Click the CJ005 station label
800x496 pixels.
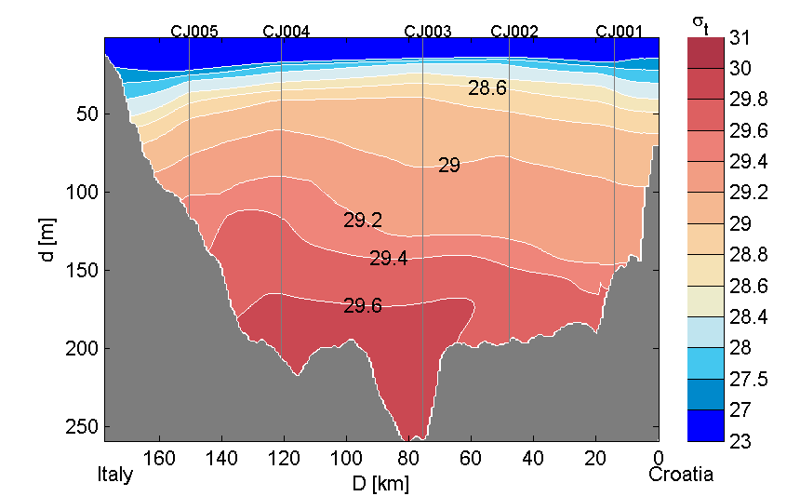[x=194, y=31]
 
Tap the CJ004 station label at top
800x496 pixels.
[x=287, y=31]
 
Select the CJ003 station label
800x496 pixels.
[x=428, y=31]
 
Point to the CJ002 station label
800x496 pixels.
[x=514, y=31]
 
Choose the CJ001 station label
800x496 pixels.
[x=620, y=31]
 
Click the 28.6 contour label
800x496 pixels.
[x=487, y=88]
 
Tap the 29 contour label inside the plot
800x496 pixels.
[x=449, y=167]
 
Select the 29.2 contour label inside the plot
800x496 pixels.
[x=363, y=221]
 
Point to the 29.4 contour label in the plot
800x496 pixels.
[x=389, y=259]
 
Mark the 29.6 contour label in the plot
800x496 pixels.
[x=363, y=305]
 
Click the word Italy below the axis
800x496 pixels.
[x=115, y=475]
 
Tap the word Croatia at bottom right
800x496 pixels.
[x=681, y=475]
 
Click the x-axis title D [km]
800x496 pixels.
[x=380, y=484]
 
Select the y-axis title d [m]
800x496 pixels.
[x=49, y=240]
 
